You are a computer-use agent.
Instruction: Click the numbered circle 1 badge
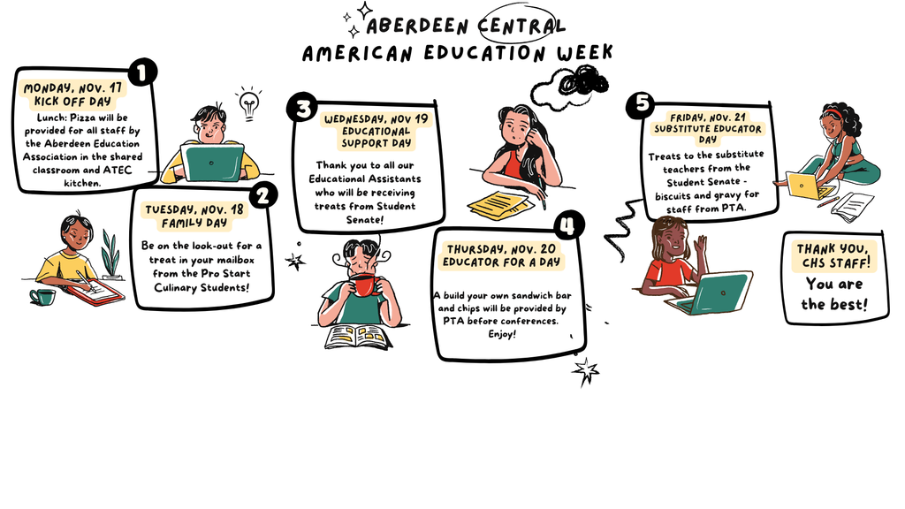[142, 72]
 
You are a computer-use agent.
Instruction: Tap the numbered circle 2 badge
[263, 195]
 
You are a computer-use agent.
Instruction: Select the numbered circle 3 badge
[303, 107]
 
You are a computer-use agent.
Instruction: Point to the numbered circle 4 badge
[569, 225]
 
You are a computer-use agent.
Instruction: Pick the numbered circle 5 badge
[642, 104]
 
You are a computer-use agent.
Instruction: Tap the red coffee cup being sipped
[365, 285]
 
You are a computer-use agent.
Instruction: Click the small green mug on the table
[42, 297]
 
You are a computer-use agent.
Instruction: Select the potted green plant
[110, 254]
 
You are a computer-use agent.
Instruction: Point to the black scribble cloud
[583, 80]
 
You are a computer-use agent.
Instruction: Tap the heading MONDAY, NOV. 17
[72, 88]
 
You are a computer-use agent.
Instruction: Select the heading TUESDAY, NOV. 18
[194, 209]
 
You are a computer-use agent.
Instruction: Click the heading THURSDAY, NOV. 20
[502, 248]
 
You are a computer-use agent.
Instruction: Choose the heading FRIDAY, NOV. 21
[708, 118]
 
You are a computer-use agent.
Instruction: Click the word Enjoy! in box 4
[502, 334]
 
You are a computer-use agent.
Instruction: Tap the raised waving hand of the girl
[701, 244]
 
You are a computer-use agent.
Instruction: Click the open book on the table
[359, 337]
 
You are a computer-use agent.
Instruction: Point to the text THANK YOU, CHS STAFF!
[833, 255]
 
